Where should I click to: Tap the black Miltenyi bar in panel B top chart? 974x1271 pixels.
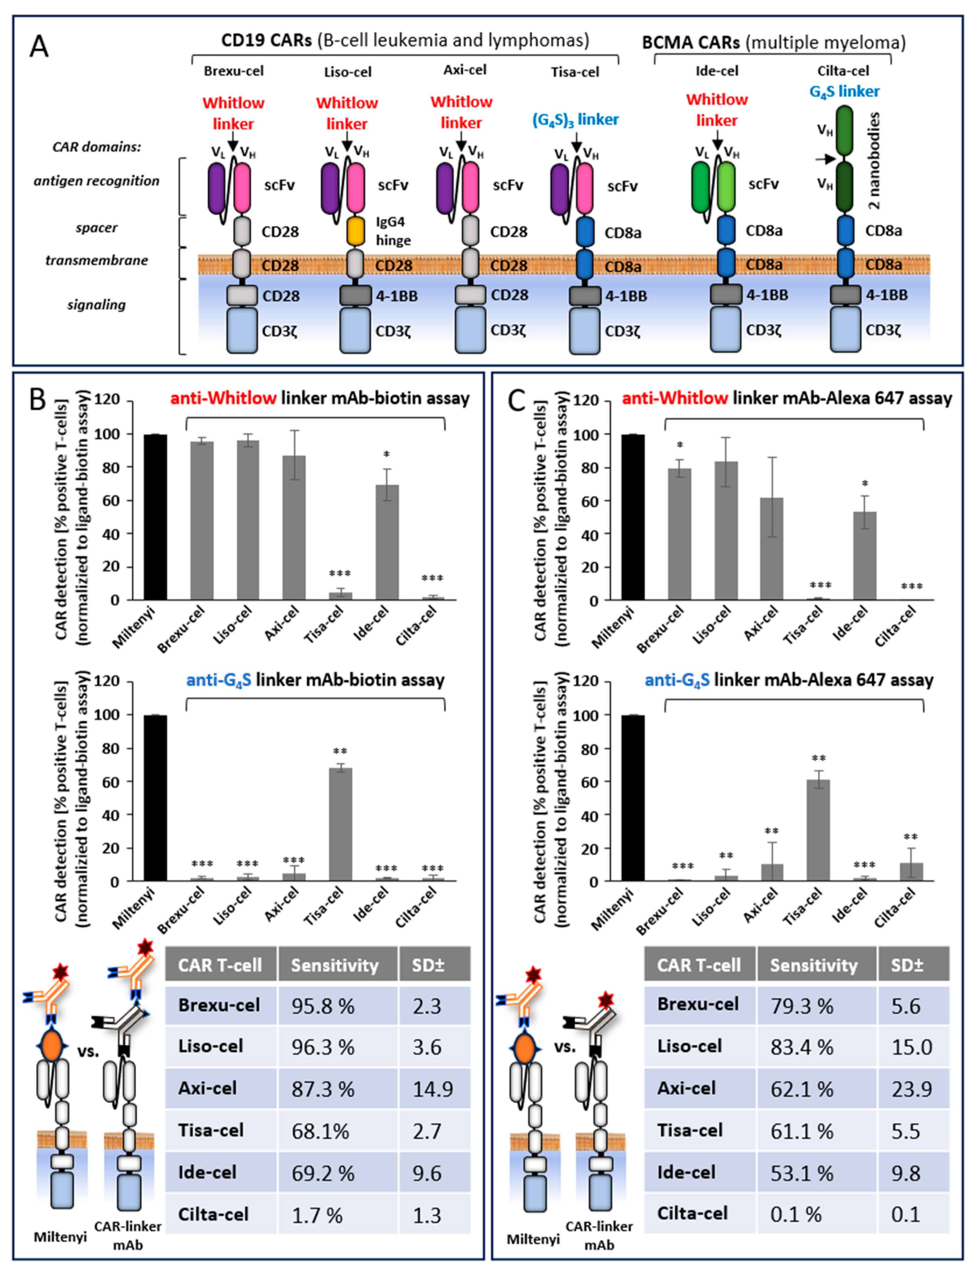tap(155, 517)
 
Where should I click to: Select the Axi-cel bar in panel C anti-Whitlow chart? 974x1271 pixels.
tap(772, 549)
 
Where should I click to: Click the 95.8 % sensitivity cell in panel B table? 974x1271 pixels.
tap(323, 1006)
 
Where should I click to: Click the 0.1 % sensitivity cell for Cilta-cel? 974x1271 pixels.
tap(795, 1214)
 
